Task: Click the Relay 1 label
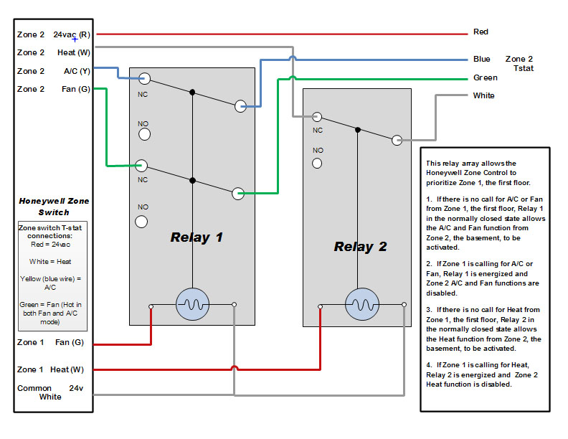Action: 196,237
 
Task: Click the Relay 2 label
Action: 360,247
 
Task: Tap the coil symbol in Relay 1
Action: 191,305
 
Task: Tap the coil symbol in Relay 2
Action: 360,305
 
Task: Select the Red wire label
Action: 481,32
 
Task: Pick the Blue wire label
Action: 481,60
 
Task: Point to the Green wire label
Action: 485,78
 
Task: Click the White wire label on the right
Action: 483,95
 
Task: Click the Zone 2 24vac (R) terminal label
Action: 54,34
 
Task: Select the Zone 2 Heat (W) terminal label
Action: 54,52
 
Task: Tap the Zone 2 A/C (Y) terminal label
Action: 54,71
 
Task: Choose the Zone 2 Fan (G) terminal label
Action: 54,89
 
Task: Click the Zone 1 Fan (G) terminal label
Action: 51,343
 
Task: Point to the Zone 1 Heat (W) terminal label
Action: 51,370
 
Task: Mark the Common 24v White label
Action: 51,392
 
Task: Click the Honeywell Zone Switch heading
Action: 54,207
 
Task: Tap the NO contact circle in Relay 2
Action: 317,163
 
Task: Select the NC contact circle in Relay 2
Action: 316,117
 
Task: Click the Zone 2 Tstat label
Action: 519,63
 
